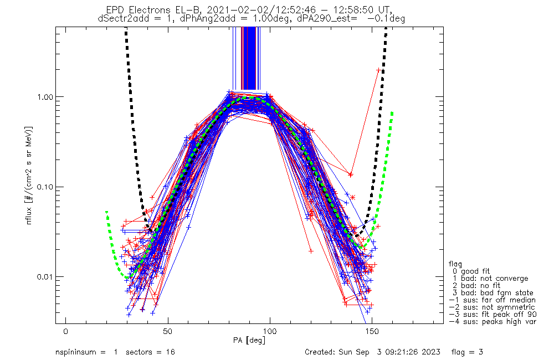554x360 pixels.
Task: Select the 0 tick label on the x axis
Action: tap(66, 332)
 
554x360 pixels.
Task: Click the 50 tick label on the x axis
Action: tap(168, 332)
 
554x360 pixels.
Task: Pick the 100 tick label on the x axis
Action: tap(270, 332)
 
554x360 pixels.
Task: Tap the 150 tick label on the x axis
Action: tap(372, 332)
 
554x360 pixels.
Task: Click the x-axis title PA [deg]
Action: tap(249, 341)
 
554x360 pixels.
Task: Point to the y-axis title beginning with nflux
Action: tap(30, 175)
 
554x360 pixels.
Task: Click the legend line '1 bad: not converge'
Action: tap(490, 279)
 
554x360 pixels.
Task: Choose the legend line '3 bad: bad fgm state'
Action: tap(493, 293)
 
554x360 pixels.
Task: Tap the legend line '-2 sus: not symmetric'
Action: tap(492, 307)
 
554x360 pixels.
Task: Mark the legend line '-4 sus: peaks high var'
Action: tap(493, 322)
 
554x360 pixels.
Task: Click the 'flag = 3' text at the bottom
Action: tap(467, 352)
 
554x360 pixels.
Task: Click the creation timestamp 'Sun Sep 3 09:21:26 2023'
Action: tap(389, 352)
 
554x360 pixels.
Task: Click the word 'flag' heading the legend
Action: tap(455, 264)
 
